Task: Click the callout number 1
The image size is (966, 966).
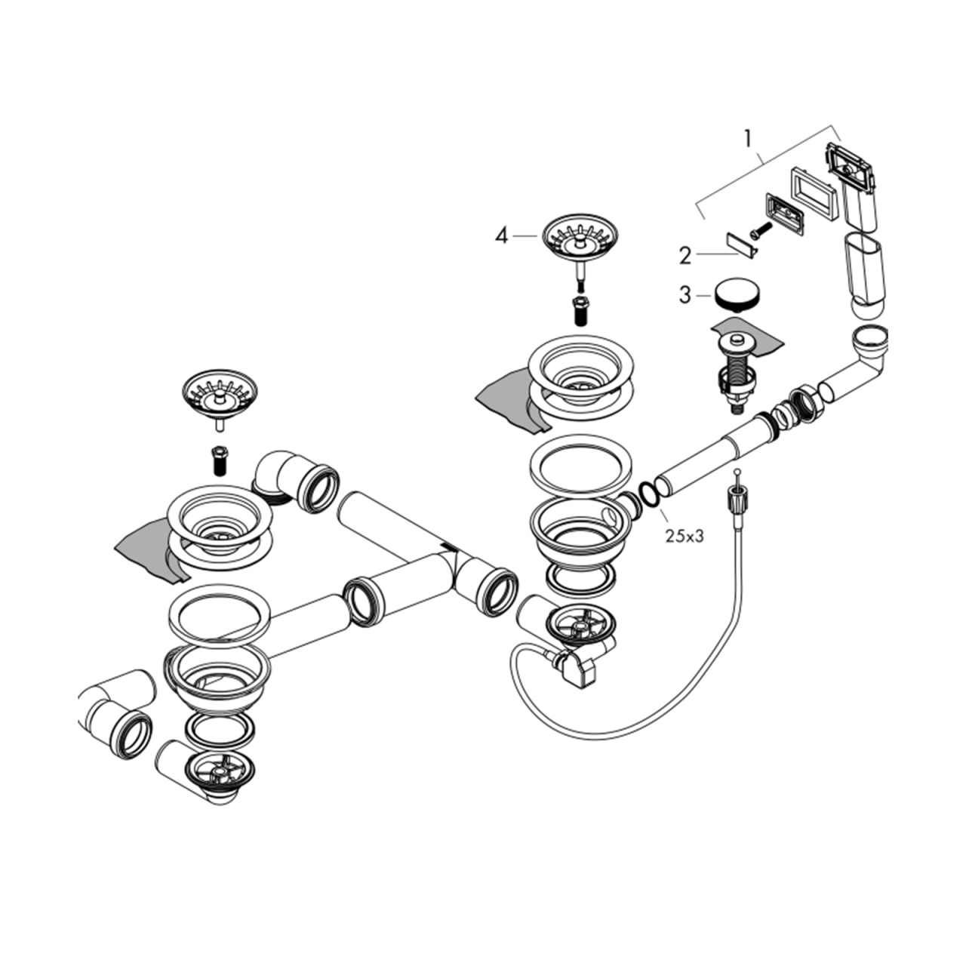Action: (747, 139)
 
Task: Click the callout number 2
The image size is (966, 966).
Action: (685, 257)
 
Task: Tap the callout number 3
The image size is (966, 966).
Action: (685, 295)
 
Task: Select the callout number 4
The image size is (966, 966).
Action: (501, 235)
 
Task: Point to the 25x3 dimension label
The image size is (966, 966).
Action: (685, 537)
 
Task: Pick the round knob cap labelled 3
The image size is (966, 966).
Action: (737, 296)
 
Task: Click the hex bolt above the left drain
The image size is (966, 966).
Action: (219, 459)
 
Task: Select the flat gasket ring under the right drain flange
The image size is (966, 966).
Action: (580, 464)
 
